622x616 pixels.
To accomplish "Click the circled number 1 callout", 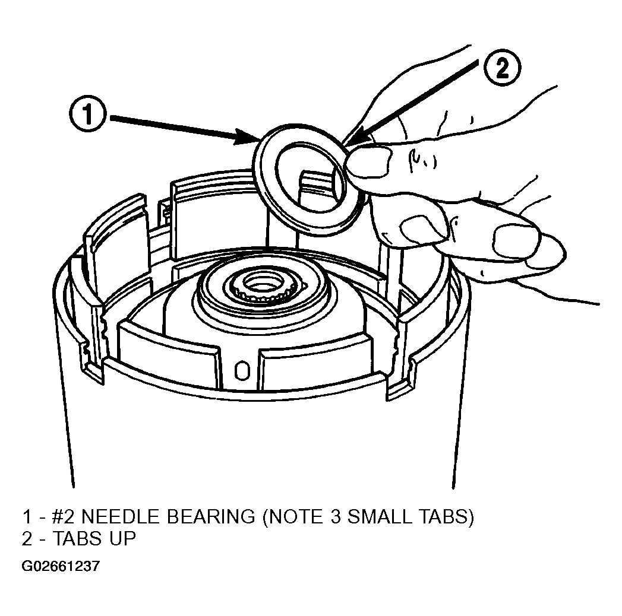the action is [87, 115].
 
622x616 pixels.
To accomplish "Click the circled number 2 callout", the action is [502, 68].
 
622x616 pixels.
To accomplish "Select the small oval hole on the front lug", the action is [242, 370].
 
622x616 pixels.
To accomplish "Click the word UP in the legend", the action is [122, 538].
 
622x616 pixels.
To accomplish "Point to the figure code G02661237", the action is [61, 566].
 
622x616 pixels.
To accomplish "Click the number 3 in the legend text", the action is [336, 516].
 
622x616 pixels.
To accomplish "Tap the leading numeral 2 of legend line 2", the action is [27, 538].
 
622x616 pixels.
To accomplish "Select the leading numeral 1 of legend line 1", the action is [27, 516].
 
